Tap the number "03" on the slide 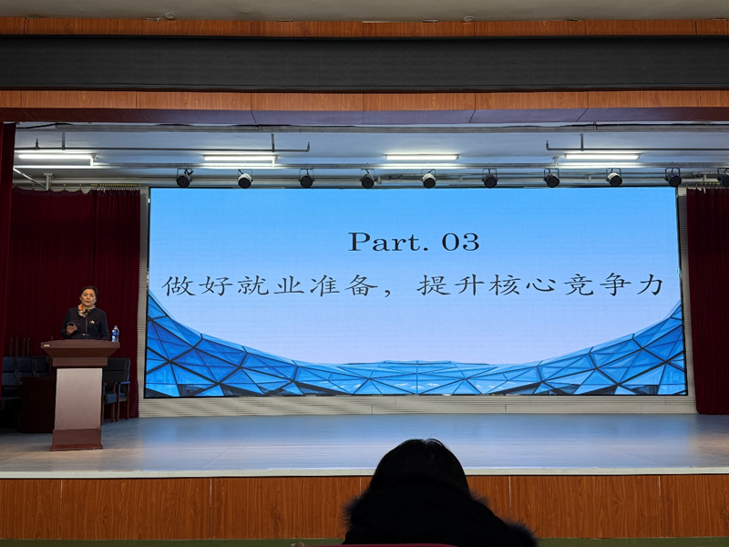pyautogui.click(x=460, y=243)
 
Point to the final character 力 pyautogui.click(x=651, y=285)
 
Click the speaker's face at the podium pyautogui.click(x=89, y=298)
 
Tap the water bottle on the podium pyautogui.click(x=115, y=334)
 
